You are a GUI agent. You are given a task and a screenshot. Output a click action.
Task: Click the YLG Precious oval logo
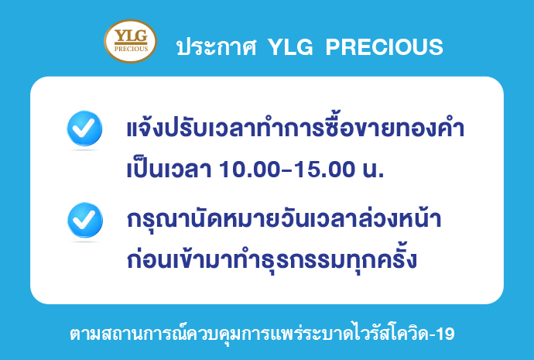point(131,41)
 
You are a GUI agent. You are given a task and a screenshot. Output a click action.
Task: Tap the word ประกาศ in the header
point(217,46)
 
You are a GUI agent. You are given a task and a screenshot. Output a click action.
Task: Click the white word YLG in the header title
point(290,46)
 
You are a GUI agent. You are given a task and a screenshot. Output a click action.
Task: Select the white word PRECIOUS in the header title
point(384,46)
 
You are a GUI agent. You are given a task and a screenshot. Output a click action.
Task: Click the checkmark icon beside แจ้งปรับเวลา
point(84,129)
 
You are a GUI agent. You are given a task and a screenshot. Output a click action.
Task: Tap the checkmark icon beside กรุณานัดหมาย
point(85,220)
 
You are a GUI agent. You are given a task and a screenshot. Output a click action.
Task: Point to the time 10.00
point(250,170)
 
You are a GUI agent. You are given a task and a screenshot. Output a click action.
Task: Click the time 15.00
point(324,170)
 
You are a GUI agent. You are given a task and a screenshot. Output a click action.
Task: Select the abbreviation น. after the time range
point(374,170)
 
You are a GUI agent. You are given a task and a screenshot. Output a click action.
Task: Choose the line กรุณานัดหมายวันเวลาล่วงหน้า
point(284,219)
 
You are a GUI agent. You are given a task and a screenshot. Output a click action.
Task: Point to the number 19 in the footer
point(445,334)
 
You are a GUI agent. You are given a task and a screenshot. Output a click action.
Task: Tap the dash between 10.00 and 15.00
point(287,170)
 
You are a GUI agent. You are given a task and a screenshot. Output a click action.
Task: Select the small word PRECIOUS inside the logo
point(131,49)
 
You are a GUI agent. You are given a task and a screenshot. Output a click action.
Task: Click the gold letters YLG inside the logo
point(131,36)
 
